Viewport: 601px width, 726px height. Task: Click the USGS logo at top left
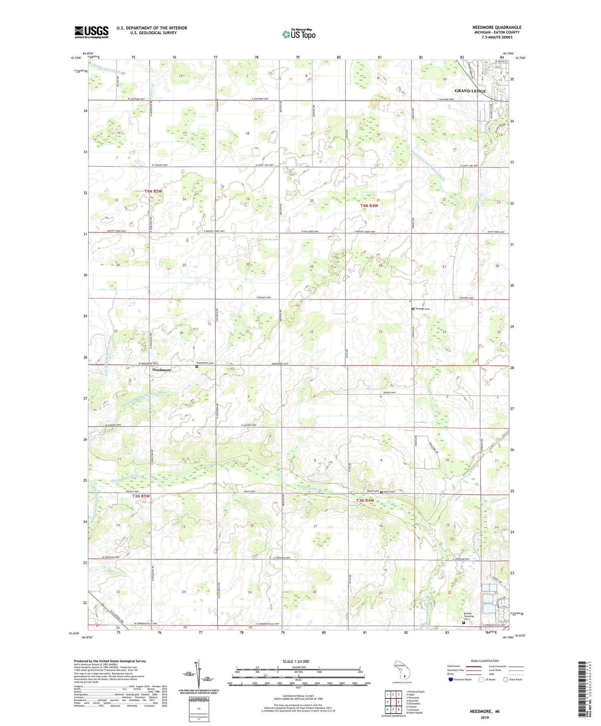(x=91, y=32)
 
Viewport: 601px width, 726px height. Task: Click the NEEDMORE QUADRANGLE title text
(x=496, y=27)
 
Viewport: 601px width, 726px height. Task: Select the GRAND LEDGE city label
(x=470, y=91)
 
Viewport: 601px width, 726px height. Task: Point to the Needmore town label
(x=161, y=370)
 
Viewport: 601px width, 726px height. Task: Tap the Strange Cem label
(x=423, y=309)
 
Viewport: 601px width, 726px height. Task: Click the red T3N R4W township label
(x=365, y=501)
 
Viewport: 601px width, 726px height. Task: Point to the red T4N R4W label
(x=369, y=205)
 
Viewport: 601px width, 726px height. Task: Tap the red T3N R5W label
(x=141, y=496)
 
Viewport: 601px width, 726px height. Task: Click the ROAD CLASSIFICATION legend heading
(x=485, y=661)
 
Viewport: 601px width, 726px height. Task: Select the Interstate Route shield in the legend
(x=450, y=680)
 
